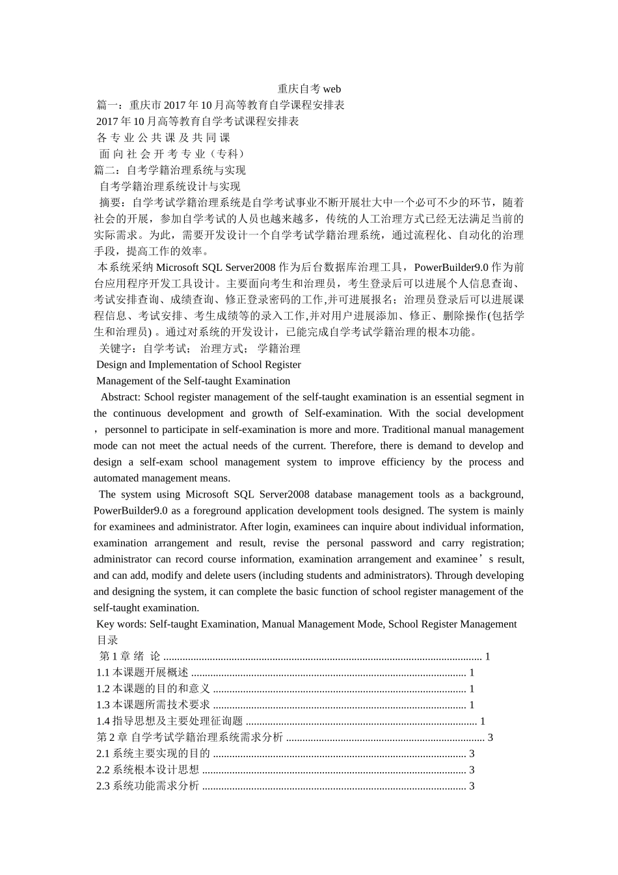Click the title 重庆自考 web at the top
[x=309, y=89]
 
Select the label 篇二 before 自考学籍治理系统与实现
[x=105, y=171]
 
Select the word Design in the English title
[x=112, y=365]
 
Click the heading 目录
[x=107, y=641]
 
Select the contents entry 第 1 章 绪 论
[x=129, y=657]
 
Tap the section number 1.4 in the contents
[x=103, y=721]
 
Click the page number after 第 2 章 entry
[x=490, y=738]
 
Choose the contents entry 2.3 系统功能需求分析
[x=148, y=786]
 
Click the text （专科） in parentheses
[x=226, y=154]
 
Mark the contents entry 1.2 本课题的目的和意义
[x=153, y=689]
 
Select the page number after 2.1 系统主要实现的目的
[x=472, y=754]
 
